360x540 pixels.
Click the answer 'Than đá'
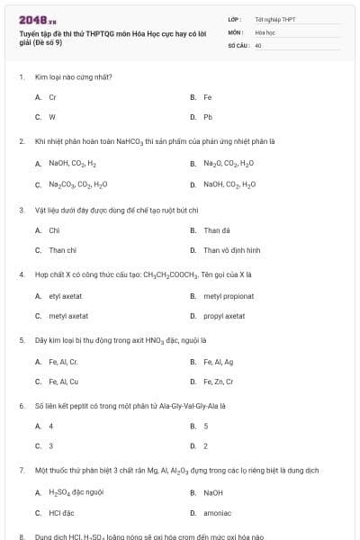[217, 229]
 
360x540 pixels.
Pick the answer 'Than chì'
[62, 250]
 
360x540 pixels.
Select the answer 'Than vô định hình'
[231, 250]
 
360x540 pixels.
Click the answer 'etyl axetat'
[66, 295]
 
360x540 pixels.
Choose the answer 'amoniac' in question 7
[216, 513]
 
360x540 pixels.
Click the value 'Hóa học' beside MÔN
[265, 31]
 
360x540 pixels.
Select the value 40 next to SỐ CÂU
[258, 44]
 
